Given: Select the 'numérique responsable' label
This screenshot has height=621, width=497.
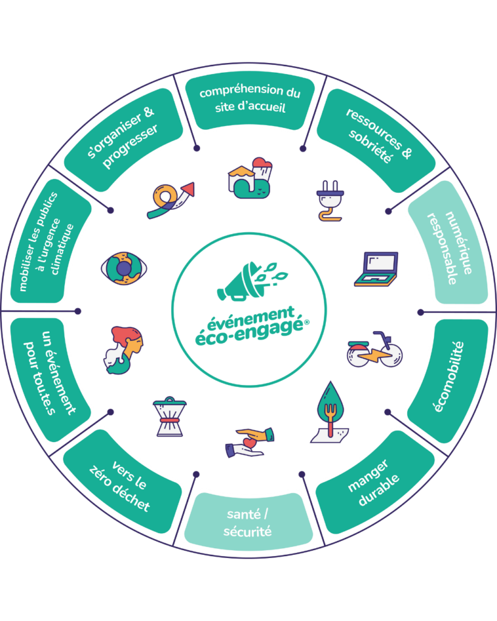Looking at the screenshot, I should (x=450, y=242).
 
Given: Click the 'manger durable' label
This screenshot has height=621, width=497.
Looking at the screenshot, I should (x=374, y=483).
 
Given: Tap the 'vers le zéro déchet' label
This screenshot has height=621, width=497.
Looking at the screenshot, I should (x=121, y=485).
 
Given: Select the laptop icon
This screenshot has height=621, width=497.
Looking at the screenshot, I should (x=376, y=269).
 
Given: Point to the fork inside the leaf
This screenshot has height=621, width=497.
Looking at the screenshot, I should (x=332, y=409).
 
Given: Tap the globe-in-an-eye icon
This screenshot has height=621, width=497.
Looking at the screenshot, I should (x=123, y=267).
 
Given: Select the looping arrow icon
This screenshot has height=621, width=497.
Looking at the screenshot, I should (x=171, y=200).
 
